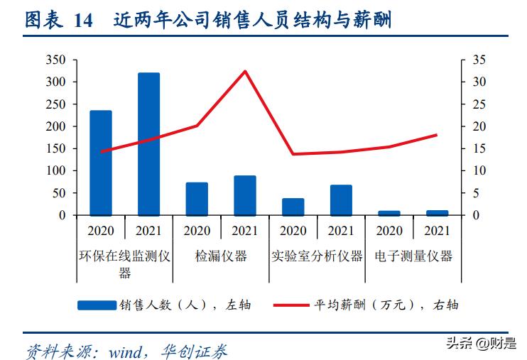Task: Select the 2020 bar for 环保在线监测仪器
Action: click(x=100, y=163)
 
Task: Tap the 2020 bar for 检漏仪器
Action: click(x=197, y=198)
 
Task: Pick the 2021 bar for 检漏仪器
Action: click(x=245, y=195)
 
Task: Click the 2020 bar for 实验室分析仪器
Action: click(x=293, y=206)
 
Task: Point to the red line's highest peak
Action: click(x=245, y=71)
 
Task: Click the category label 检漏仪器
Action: click(x=221, y=256)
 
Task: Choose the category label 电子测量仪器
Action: click(x=413, y=256)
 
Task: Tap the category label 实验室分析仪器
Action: click(x=317, y=256)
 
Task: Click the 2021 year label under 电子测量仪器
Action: click(x=437, y=231)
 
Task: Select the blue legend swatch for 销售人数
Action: click(x=97, y=305)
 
